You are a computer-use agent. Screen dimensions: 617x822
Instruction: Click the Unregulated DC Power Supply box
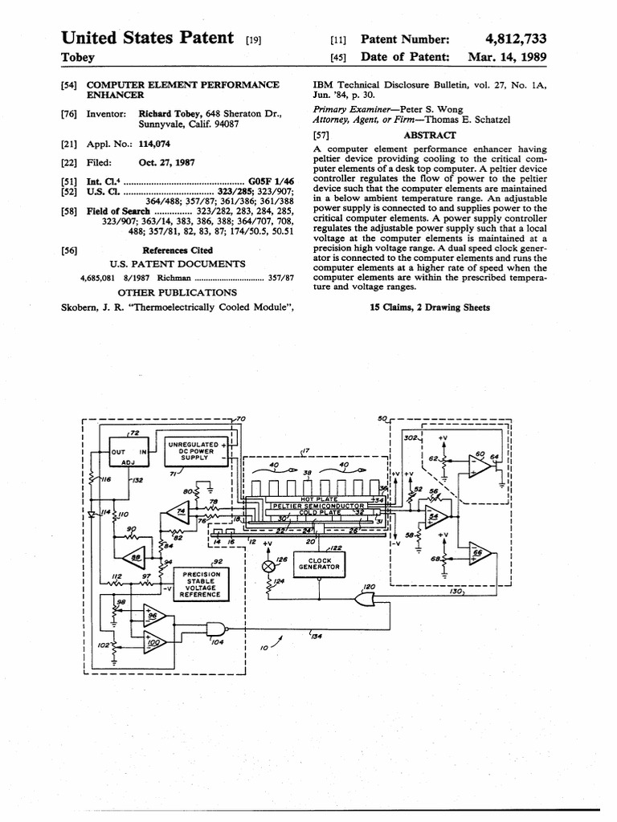(194, 450)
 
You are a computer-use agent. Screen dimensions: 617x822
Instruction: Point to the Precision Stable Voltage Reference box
(201, 585)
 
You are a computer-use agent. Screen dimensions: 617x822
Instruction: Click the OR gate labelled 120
(368, 597)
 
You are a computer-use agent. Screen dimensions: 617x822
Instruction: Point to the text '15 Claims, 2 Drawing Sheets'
(429, 307)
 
